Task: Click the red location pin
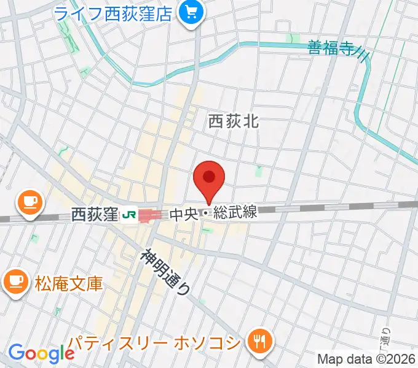pos(209,178)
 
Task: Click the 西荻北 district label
pos(234,121)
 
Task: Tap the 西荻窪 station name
pos(94,215)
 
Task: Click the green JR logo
pos(128,215)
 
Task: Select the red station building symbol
pos(151,215)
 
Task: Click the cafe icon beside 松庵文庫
pos(14,282)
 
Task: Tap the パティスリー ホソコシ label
pos(154,342)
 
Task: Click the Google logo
pos(41,353)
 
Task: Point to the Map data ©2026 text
pos(365,359)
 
